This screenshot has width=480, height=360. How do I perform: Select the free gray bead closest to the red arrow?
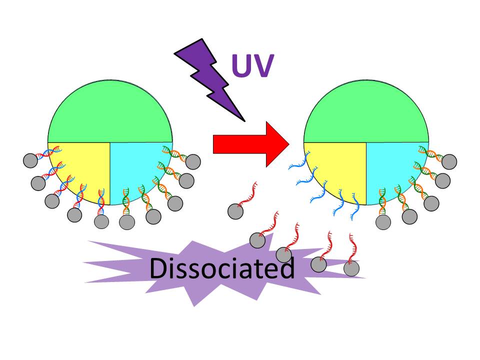click(235, 211)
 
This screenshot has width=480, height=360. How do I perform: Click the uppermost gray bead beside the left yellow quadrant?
click(30, 160)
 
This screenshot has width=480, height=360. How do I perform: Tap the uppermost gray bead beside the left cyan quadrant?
click(193, 161)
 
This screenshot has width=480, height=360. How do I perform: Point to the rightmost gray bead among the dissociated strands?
click(351, 268)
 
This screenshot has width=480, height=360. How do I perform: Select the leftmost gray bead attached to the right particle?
click(383, 222)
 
